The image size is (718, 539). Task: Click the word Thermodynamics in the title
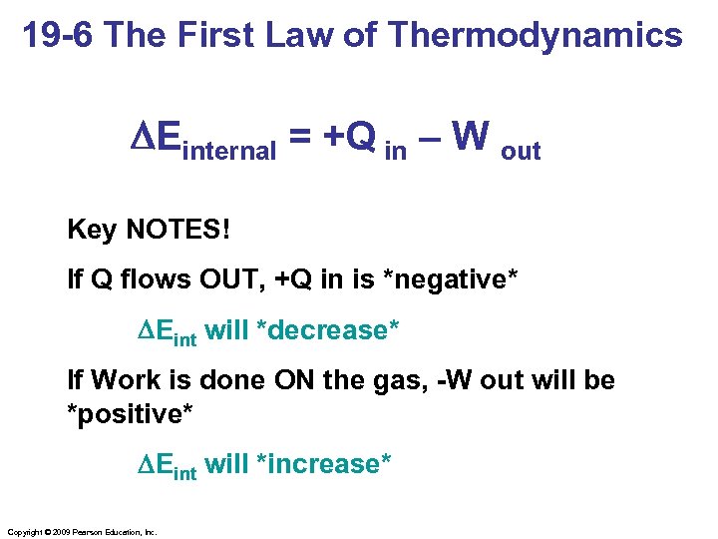(x=536, y=36)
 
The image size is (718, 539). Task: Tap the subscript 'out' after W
(x=521, y=152)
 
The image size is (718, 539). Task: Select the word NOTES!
(x=177, y=230)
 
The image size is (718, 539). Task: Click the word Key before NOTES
(x=92, y=230)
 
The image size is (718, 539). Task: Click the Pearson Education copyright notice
(x=82, y=532)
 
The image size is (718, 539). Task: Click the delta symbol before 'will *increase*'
(x=146, y=464)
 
